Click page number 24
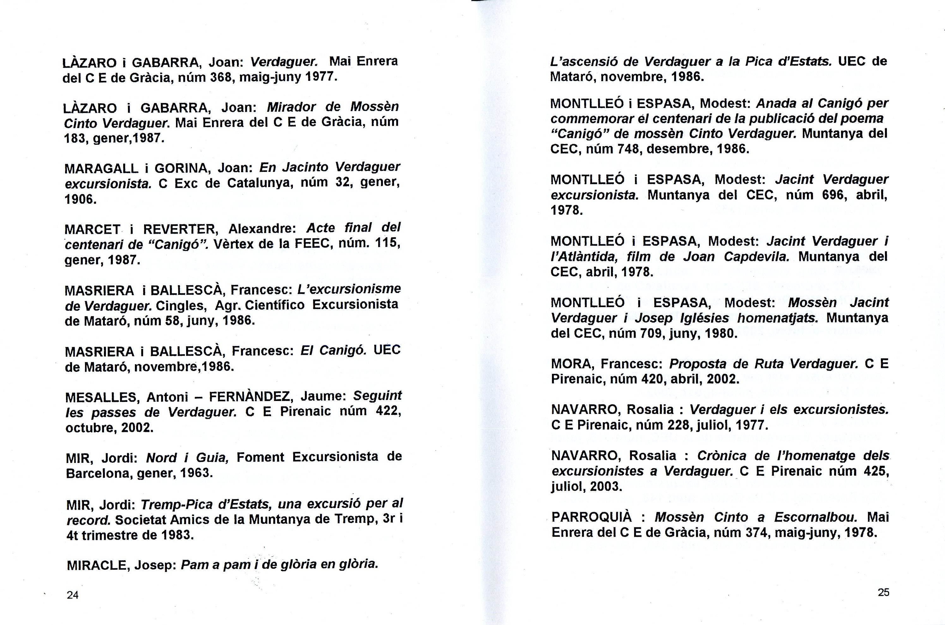[73, 595]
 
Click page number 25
[883, 592]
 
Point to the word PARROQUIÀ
[592, 517]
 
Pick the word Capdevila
[756, 257]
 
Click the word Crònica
[722, 456]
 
